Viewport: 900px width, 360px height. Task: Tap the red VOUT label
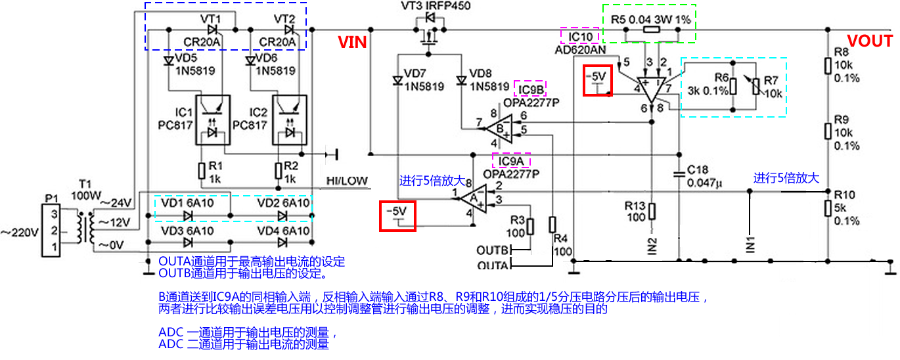point(869,41)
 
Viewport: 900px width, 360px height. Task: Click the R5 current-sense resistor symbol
point(651,30)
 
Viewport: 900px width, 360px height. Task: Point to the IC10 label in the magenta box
point(580,35)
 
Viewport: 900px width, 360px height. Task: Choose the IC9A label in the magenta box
point(511,161)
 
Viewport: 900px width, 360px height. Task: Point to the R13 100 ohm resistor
point(652,211)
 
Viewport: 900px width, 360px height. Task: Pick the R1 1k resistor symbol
point(202,171)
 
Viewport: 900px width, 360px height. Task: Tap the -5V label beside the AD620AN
point(597,79)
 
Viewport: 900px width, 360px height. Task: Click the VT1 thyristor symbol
point(212,30)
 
